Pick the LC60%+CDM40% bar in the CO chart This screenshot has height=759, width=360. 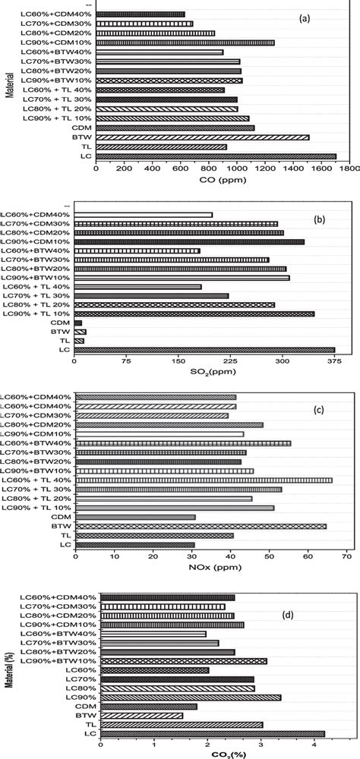(129, 14)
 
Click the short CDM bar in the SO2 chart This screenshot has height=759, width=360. (78, 323)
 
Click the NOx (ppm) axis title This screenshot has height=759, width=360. (210, 568)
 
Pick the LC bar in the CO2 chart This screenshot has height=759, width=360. (213, 733)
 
